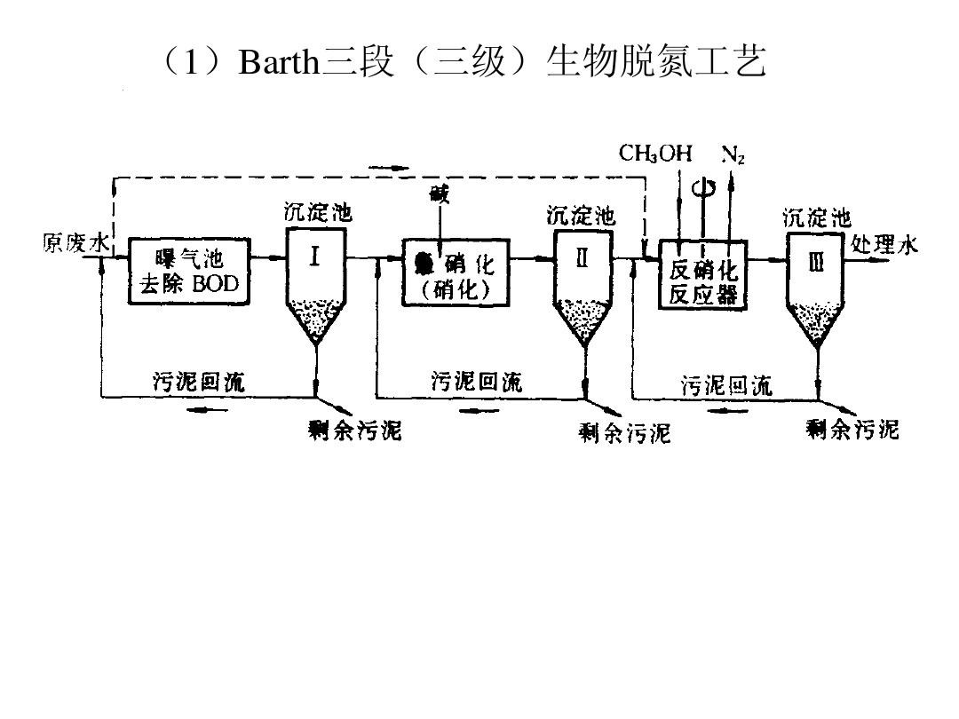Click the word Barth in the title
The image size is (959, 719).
278,63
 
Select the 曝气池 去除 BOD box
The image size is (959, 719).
189,271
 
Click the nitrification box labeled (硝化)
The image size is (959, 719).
456,272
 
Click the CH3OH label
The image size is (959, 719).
655,154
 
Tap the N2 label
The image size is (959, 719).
733,154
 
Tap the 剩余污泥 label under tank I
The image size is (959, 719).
354,431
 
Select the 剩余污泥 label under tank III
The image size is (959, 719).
852,430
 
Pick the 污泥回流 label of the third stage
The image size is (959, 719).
726,385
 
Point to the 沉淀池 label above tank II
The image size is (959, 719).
581,216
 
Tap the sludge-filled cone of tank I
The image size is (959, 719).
316,320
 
